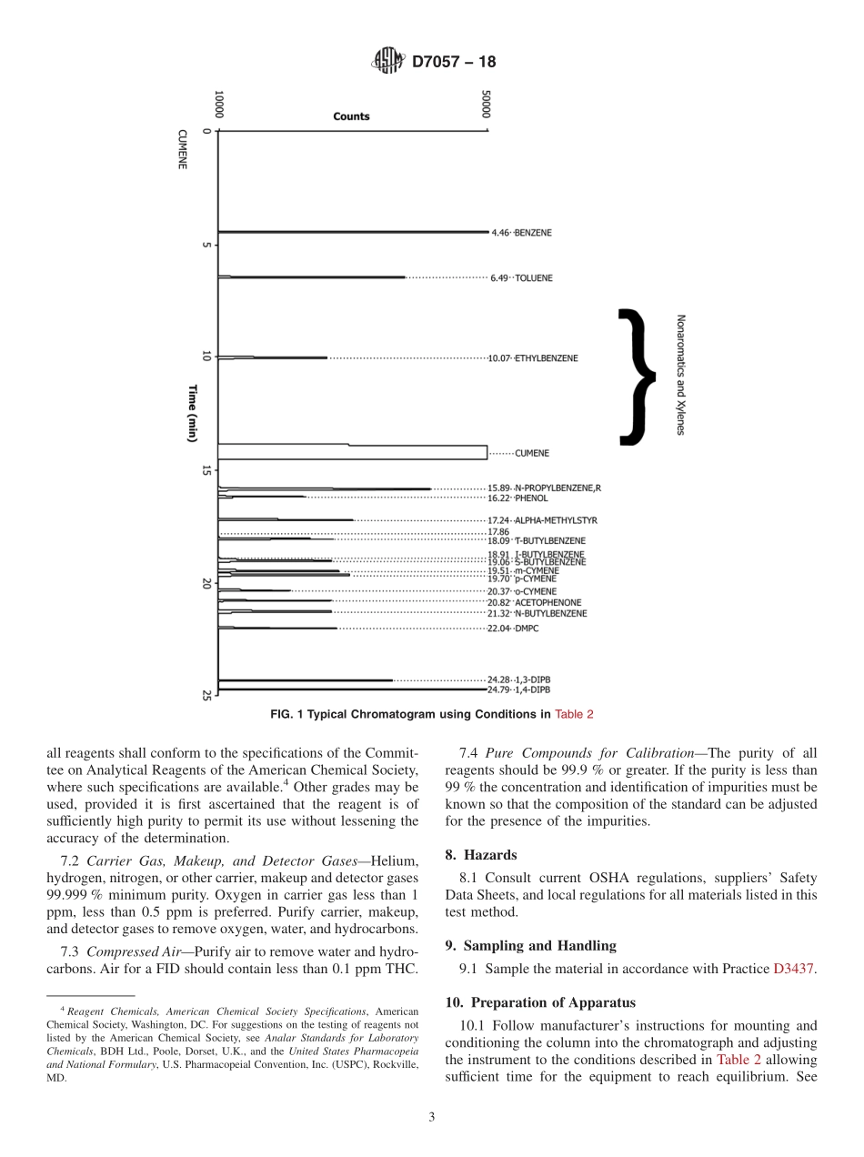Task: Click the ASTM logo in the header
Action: click(387, 62)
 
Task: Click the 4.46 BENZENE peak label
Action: click(521, 233)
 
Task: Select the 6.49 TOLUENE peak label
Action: click(521, 277)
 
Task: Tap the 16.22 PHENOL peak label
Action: click(518, 498)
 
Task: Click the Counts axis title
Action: click(351, 116)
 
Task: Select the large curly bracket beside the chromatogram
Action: click(638, 377)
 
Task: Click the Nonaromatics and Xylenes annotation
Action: click(680, 375)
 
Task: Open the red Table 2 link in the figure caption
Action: click(574, 714)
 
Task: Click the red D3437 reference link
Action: click(793, 970)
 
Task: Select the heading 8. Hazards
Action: click(481, 855)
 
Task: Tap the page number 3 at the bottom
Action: click(432, 1118)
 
